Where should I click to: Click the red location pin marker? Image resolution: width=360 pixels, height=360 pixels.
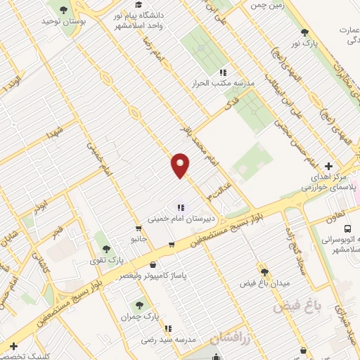[181, 165]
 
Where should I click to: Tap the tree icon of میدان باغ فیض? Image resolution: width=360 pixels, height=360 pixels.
[264, 272]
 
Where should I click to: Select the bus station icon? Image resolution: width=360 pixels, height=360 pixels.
[347, 229]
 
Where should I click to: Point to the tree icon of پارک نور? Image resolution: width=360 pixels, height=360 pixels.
[304, 32]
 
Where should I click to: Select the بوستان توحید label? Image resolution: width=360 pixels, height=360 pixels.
[63, 22]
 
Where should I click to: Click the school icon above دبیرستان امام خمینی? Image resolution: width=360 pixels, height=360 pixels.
[180, 207]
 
